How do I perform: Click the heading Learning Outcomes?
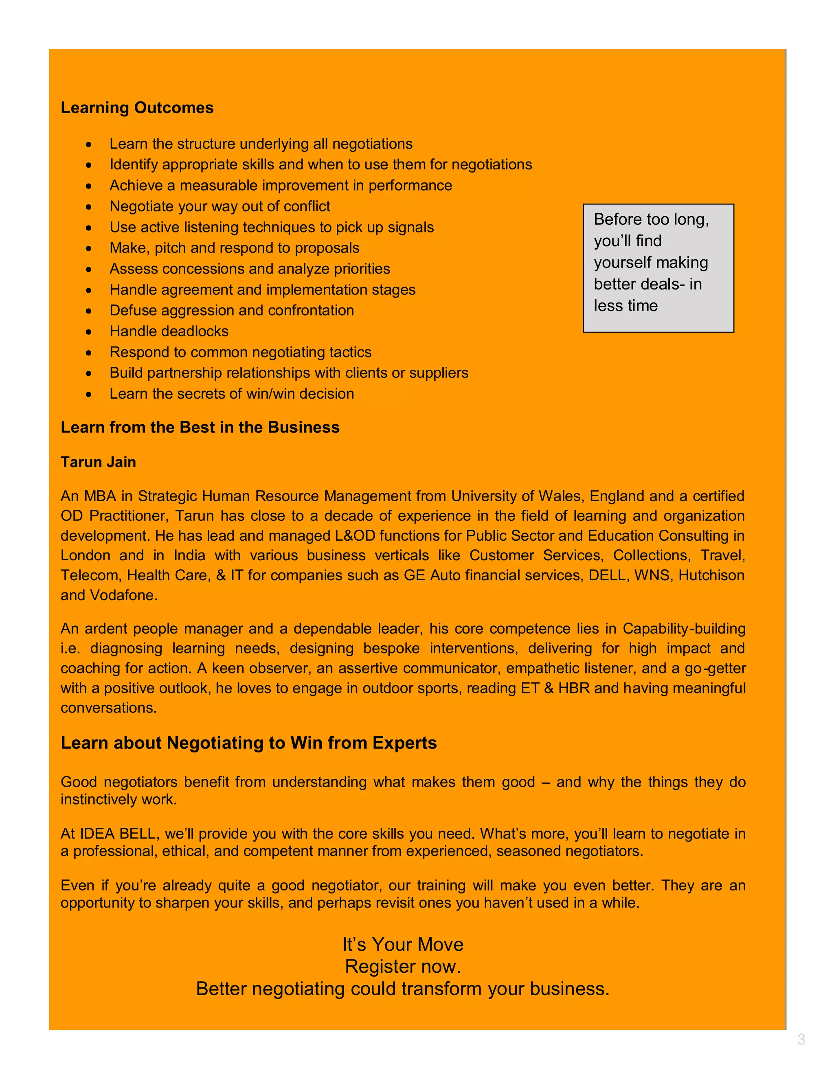137,108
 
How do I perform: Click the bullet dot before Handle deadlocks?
88,332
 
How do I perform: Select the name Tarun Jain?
98,462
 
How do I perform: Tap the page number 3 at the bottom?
801,1040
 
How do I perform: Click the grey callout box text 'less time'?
625,306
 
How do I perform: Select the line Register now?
403,966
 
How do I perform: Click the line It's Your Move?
403,944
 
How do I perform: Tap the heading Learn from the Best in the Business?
200,428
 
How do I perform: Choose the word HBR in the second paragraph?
574,688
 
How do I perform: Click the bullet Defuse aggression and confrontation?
231,310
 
